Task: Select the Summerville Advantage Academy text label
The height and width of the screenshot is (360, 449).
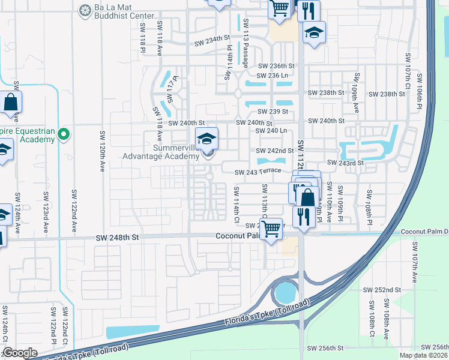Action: coord(161,151)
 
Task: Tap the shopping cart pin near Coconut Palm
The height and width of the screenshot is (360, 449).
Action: coord(271,229)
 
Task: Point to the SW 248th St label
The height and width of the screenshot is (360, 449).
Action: coord(117,238)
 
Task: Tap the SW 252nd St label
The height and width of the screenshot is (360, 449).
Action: coord(382,289)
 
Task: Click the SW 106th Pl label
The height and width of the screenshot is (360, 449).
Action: coord(421,93)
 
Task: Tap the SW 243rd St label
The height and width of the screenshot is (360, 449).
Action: coord(345,163)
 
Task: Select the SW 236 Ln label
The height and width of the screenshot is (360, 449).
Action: coord(273,76)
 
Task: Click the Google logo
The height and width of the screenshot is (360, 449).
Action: coord(20,353)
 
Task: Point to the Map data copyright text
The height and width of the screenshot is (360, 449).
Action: coord(424,355)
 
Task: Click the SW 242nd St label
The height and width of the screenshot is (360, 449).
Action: coord(275,151)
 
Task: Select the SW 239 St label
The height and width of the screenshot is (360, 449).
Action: coord(273,112)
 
